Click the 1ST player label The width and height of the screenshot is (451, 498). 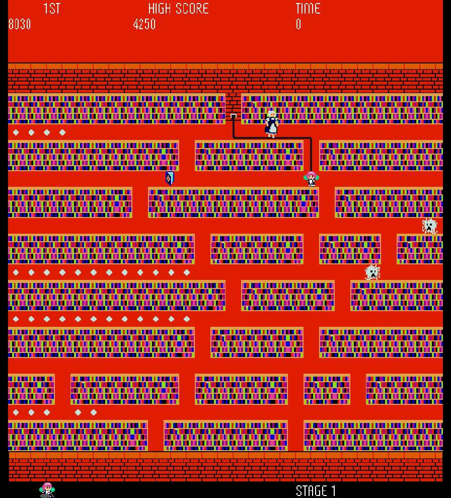[x=52, y=9]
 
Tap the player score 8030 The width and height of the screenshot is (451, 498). [x=20, y=24]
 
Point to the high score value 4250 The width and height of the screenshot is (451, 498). [x=144, y=24]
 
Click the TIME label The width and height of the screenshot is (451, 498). [x=308, y=9]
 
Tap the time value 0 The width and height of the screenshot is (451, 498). [x=298, y=24]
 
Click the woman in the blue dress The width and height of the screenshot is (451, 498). [x=272, y=123]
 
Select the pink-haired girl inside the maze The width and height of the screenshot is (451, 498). [x=312, y=178]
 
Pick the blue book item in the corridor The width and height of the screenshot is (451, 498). [x=170, y=178]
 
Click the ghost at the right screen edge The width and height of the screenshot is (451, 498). [x=429, y=226]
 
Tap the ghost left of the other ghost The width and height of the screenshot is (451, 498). [x=372, y=272]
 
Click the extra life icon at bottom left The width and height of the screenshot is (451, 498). [x=47, y=489]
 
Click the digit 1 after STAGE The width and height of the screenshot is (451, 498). [x=333, y=491]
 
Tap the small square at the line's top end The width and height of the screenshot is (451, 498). [x=234, y=116]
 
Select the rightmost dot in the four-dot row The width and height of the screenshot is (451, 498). [x=62, y=132]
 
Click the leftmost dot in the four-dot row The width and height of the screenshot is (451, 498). [x=16, y=132]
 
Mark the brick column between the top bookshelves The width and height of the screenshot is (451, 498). [x=233, y=103]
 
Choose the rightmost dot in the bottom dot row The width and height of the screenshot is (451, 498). [x=94, y=412]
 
